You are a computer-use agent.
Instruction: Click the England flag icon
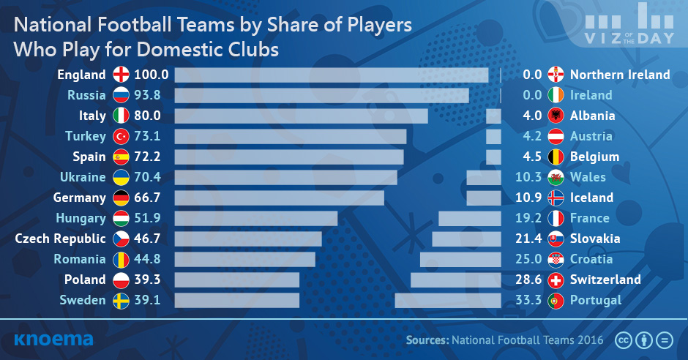coord(121,75)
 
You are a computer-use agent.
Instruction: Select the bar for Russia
coord(321,96)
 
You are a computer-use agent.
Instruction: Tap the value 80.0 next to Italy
coord(147,116)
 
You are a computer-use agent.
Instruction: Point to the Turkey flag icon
coord(121,136)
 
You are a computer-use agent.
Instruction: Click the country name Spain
coord(89,157)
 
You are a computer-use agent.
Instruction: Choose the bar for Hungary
coord(256,218)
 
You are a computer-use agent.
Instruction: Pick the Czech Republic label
coord(60,239)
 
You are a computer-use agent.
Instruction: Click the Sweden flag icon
coord(121,300)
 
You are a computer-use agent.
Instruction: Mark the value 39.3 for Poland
coord(147,280)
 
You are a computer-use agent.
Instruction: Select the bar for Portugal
coord(448,300)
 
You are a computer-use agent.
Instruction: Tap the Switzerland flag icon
coord(556,280)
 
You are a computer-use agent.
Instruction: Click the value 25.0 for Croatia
coord(528,259)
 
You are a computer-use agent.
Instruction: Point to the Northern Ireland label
coord(620,75)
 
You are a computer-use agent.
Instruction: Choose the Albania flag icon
coord(556,116)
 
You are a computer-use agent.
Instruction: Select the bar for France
coord(470,218)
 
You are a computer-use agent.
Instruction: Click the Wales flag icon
coord(556,177)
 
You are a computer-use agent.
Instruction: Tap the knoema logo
coord(53,340)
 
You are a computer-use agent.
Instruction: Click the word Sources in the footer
coord(427,340)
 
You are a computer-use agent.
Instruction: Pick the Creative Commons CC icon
coord(623,340)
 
